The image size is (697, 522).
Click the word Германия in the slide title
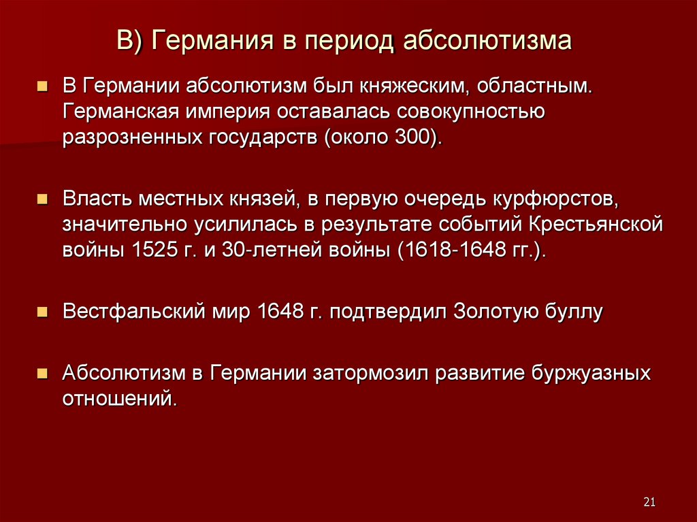pyautogui.click(x=212, y=41)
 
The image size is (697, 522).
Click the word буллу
pyautogui.click(x=575, y=312)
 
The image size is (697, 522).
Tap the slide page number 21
pyautogui.click(x=649, y=502)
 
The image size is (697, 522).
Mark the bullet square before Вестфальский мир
pyautogui.click(x=42, y=312)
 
